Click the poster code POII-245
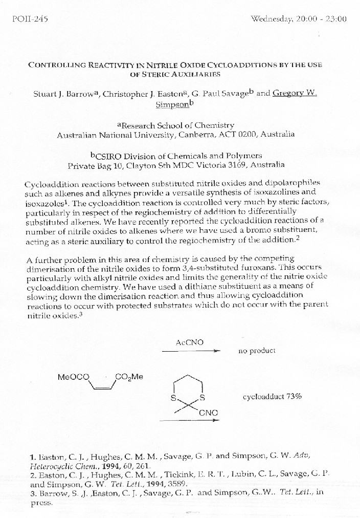[30, 19]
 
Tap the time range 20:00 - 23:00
[322, 19]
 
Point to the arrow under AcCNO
[191, 351]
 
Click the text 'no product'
[257, 351]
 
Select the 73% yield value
[294, 396]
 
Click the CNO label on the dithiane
[209, 412]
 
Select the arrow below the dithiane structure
[189, 420]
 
